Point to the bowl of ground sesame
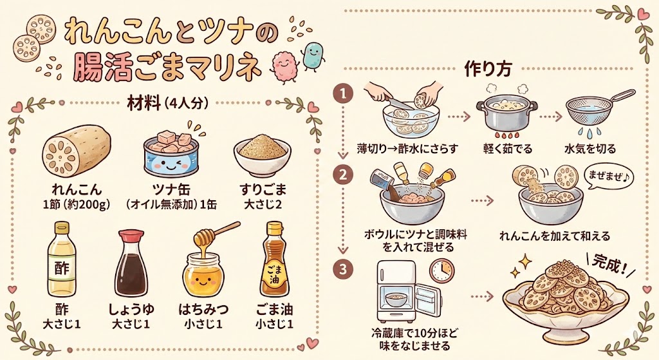click(x=263, y=158)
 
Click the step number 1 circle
click(x=344, y=93)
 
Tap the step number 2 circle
click(x=344, y=175)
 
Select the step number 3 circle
click(x=344, y=270)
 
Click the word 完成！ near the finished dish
click(x=609, y=264)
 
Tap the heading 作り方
click(x=488, y=69)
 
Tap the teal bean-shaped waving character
click(x=313, y=54)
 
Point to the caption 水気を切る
click(x=590, y=149)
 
